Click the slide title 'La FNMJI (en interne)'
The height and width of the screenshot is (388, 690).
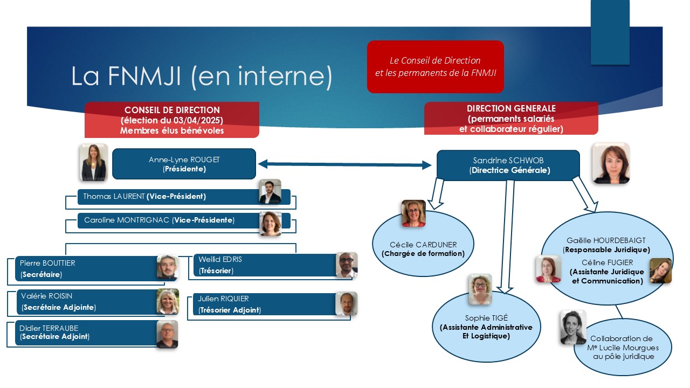(x=202, y=76)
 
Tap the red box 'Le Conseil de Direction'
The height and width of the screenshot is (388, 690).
(x=435, y=66)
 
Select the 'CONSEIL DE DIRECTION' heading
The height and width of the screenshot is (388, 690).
(x=172, y=110)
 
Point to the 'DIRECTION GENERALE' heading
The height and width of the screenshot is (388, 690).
(x=511, y=108)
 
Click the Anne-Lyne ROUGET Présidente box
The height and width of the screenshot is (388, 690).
(x=184, y=164)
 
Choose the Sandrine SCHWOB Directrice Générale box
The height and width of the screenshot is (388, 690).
(x=508, y=165)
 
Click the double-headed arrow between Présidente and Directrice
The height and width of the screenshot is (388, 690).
(x=344, y=164)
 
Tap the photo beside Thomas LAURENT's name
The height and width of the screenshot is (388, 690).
(x=270, y=191)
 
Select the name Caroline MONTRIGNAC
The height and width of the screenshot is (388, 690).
(x=127, y=220)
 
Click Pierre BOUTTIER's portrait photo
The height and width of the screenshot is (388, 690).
(x=168, y=267)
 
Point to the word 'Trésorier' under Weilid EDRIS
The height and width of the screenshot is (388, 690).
(x=216, y=271)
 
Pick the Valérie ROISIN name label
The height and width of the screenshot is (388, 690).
(x=46, y=296)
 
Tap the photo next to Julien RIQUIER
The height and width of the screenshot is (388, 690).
(x=347, y=303)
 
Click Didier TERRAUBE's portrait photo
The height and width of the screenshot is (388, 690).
(x=167, y=335)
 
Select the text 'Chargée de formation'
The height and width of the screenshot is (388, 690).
(x=423, y=253)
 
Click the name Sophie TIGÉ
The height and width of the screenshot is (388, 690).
(x=486, y=318)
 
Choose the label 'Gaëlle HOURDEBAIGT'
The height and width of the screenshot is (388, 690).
(x=606, y=240)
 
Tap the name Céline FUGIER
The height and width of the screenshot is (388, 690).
(x=607, y=262)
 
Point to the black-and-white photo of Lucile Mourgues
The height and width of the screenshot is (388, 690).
(x=573, y=327)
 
